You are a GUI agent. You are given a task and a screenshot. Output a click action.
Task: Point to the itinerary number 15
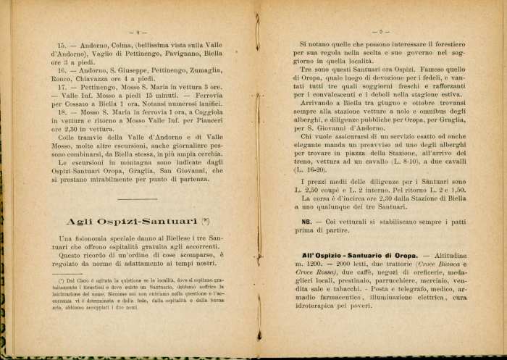[x=62, y=45]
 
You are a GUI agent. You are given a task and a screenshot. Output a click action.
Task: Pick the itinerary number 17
[x=62, y=87]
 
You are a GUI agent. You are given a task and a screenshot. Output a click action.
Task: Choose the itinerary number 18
[x=62, y=112]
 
